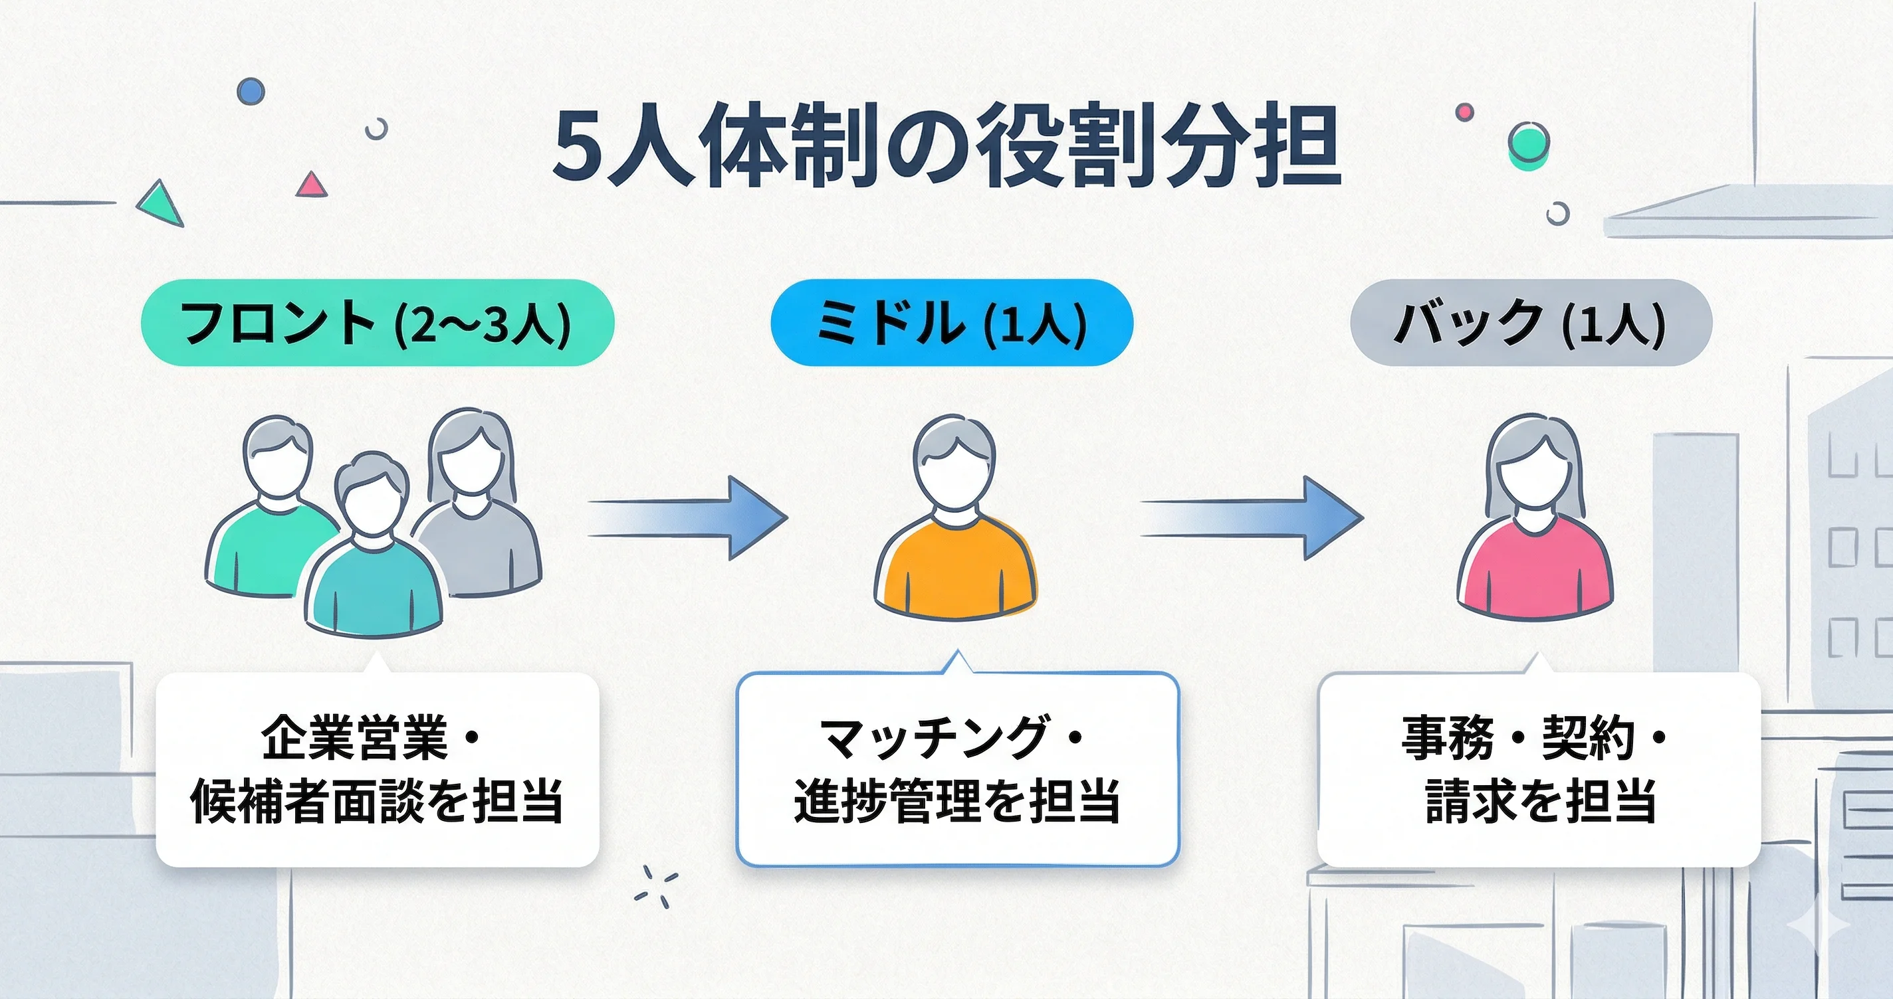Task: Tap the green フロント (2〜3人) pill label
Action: pos(377,323)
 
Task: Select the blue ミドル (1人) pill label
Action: pos(951,323)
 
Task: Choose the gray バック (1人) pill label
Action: pos(1531,323)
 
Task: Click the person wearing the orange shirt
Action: pos(955,521)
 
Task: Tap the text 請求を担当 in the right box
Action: pos(1540,800)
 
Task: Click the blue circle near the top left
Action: pos(251,91)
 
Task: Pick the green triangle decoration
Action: pos(161,203)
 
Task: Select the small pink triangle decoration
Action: pos(312,185)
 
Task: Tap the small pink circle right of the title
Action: pos(1464,112)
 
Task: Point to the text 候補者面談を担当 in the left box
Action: pos(377,800)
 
